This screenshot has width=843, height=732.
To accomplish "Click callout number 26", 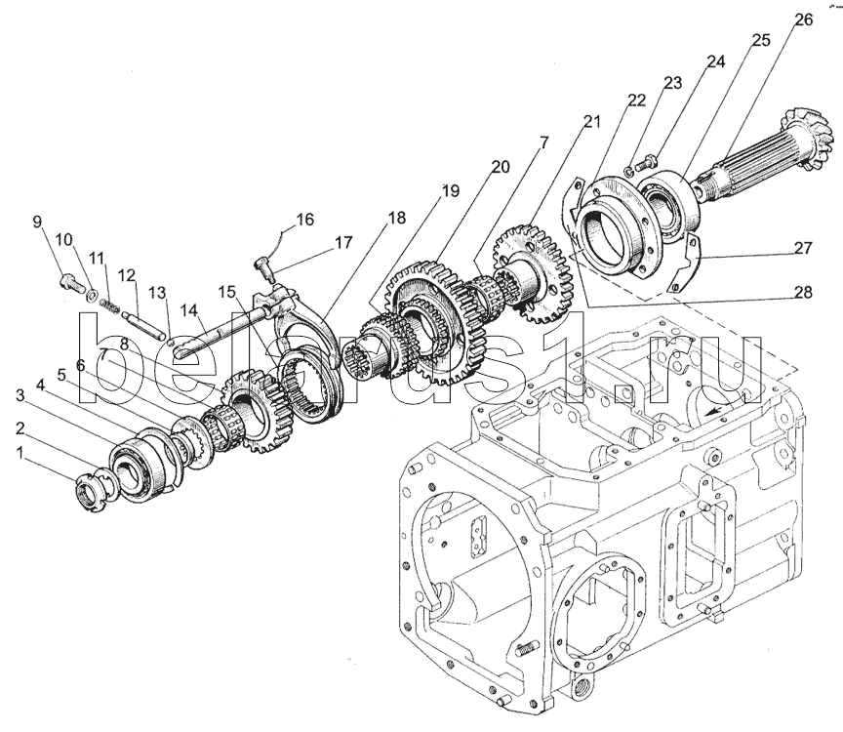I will coord(803,20).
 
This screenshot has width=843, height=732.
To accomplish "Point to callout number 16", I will coord(304,221).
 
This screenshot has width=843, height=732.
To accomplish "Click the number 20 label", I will coord(500,167).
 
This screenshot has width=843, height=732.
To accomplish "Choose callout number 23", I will coord(671,83).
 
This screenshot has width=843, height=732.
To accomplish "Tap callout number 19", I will coord(449,191).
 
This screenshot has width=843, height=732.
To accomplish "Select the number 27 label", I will coord(802,249).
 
